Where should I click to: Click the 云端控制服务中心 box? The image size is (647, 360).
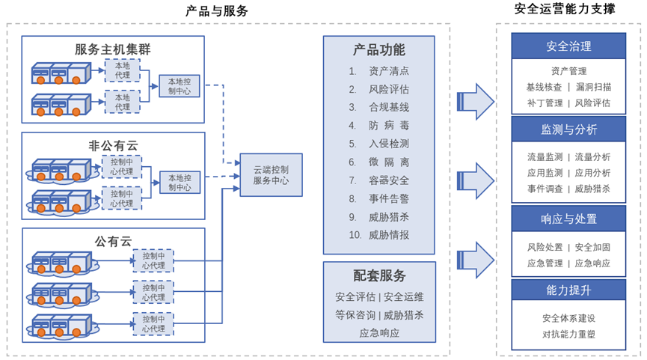271,175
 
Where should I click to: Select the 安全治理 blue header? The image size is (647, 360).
568,46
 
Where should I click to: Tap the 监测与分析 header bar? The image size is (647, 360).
568,129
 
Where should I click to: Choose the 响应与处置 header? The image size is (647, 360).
568,219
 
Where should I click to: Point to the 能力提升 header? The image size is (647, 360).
568,290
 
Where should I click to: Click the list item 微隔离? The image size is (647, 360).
388,162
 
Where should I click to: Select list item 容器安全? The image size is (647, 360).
388,180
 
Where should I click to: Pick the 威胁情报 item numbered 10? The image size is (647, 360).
388,235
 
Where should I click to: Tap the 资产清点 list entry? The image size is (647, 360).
388,71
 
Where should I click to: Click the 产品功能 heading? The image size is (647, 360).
379,50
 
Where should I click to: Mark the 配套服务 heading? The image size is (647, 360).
379,275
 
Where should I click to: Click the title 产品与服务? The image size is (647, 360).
217,11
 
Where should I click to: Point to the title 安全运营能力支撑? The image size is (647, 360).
565,10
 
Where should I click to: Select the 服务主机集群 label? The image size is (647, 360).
113,49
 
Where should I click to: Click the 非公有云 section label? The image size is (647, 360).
113,145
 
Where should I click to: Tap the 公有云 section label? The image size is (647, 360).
113,241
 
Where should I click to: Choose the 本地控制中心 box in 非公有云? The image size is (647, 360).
180,183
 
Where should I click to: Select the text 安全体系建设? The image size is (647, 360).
568,318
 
